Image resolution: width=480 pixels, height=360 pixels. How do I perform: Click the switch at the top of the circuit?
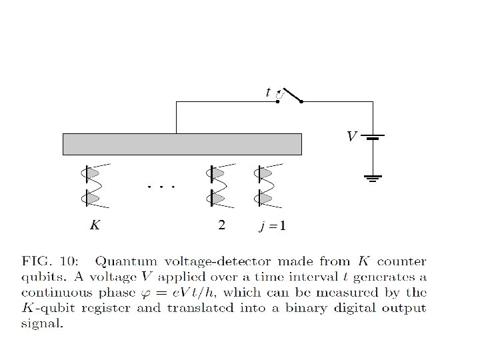pos(291,95)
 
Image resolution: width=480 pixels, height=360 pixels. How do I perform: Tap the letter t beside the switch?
pos(268,92)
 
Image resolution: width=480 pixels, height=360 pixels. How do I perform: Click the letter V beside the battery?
pos(351,137)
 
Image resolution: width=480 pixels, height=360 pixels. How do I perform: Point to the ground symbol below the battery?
pos(373,178)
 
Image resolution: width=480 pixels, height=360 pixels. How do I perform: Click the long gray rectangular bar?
pos(182,144)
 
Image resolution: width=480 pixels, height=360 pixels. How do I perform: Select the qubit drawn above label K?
pos(92,185)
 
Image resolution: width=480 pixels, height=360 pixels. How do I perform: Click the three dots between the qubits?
pos(161,187)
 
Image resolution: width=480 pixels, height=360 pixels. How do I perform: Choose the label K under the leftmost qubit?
pos(95,225)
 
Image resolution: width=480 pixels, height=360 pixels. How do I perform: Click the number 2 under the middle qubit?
pos(222,225)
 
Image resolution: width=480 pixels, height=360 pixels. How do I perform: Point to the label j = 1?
pos(272,226)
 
